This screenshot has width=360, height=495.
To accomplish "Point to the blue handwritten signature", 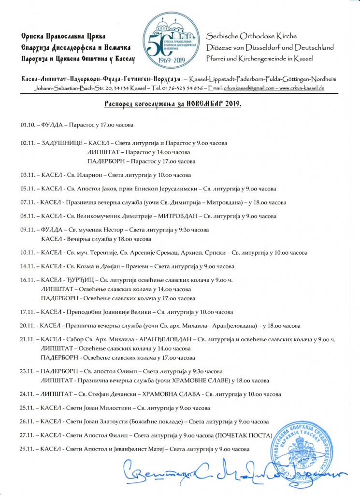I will tap(232, 471).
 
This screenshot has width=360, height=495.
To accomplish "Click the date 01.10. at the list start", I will tap(27, 125).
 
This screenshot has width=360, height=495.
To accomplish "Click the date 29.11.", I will tap(27, 449).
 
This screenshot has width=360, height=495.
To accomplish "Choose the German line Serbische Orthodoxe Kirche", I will tap(251, 36).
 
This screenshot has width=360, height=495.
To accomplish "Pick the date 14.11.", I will tap(27, 266).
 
